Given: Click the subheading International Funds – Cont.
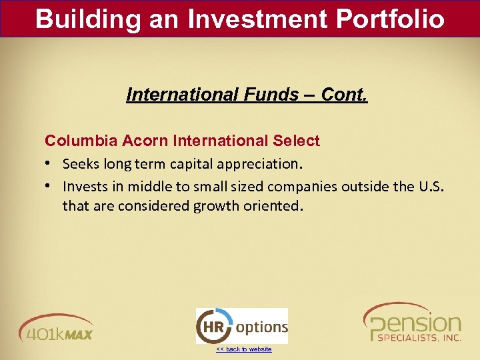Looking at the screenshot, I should pos(247,95).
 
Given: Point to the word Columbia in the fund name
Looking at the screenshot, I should pos(73,141).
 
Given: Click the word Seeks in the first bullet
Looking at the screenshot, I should pos(80,164).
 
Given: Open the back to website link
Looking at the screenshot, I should pos(243,349).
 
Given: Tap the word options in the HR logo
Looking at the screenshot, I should pos(261,327).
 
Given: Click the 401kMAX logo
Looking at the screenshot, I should pos(57,327).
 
